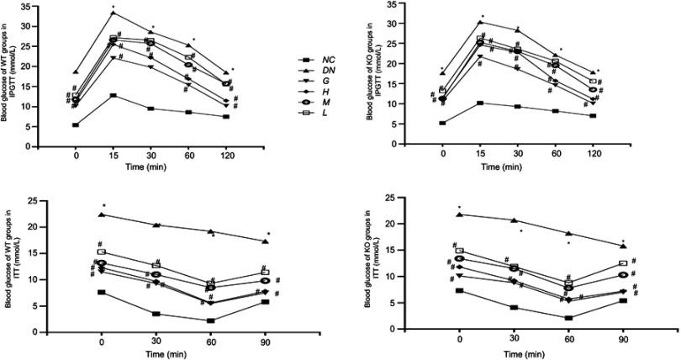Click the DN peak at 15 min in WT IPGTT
(113, 13)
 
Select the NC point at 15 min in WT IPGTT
(113, 95)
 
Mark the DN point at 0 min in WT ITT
(102, 214)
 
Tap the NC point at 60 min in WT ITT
(212, 320)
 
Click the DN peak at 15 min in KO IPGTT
(480, 22)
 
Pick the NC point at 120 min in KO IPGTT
(593, 115)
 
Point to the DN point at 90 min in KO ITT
(623, 246)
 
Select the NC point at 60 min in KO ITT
(568, 318)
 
